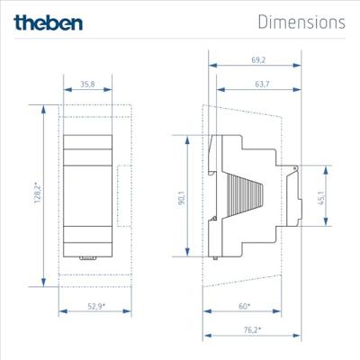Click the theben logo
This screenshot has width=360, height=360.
click(48, 22)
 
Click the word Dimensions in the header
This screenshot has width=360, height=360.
click(301, 22)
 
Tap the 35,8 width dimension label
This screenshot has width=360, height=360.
click(87, 85)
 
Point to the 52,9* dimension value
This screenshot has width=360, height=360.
click(96, 306)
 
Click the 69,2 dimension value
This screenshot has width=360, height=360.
click(258, 60)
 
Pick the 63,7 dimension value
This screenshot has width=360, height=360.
click(262, 85)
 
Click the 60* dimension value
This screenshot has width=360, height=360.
click(245, 306)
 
